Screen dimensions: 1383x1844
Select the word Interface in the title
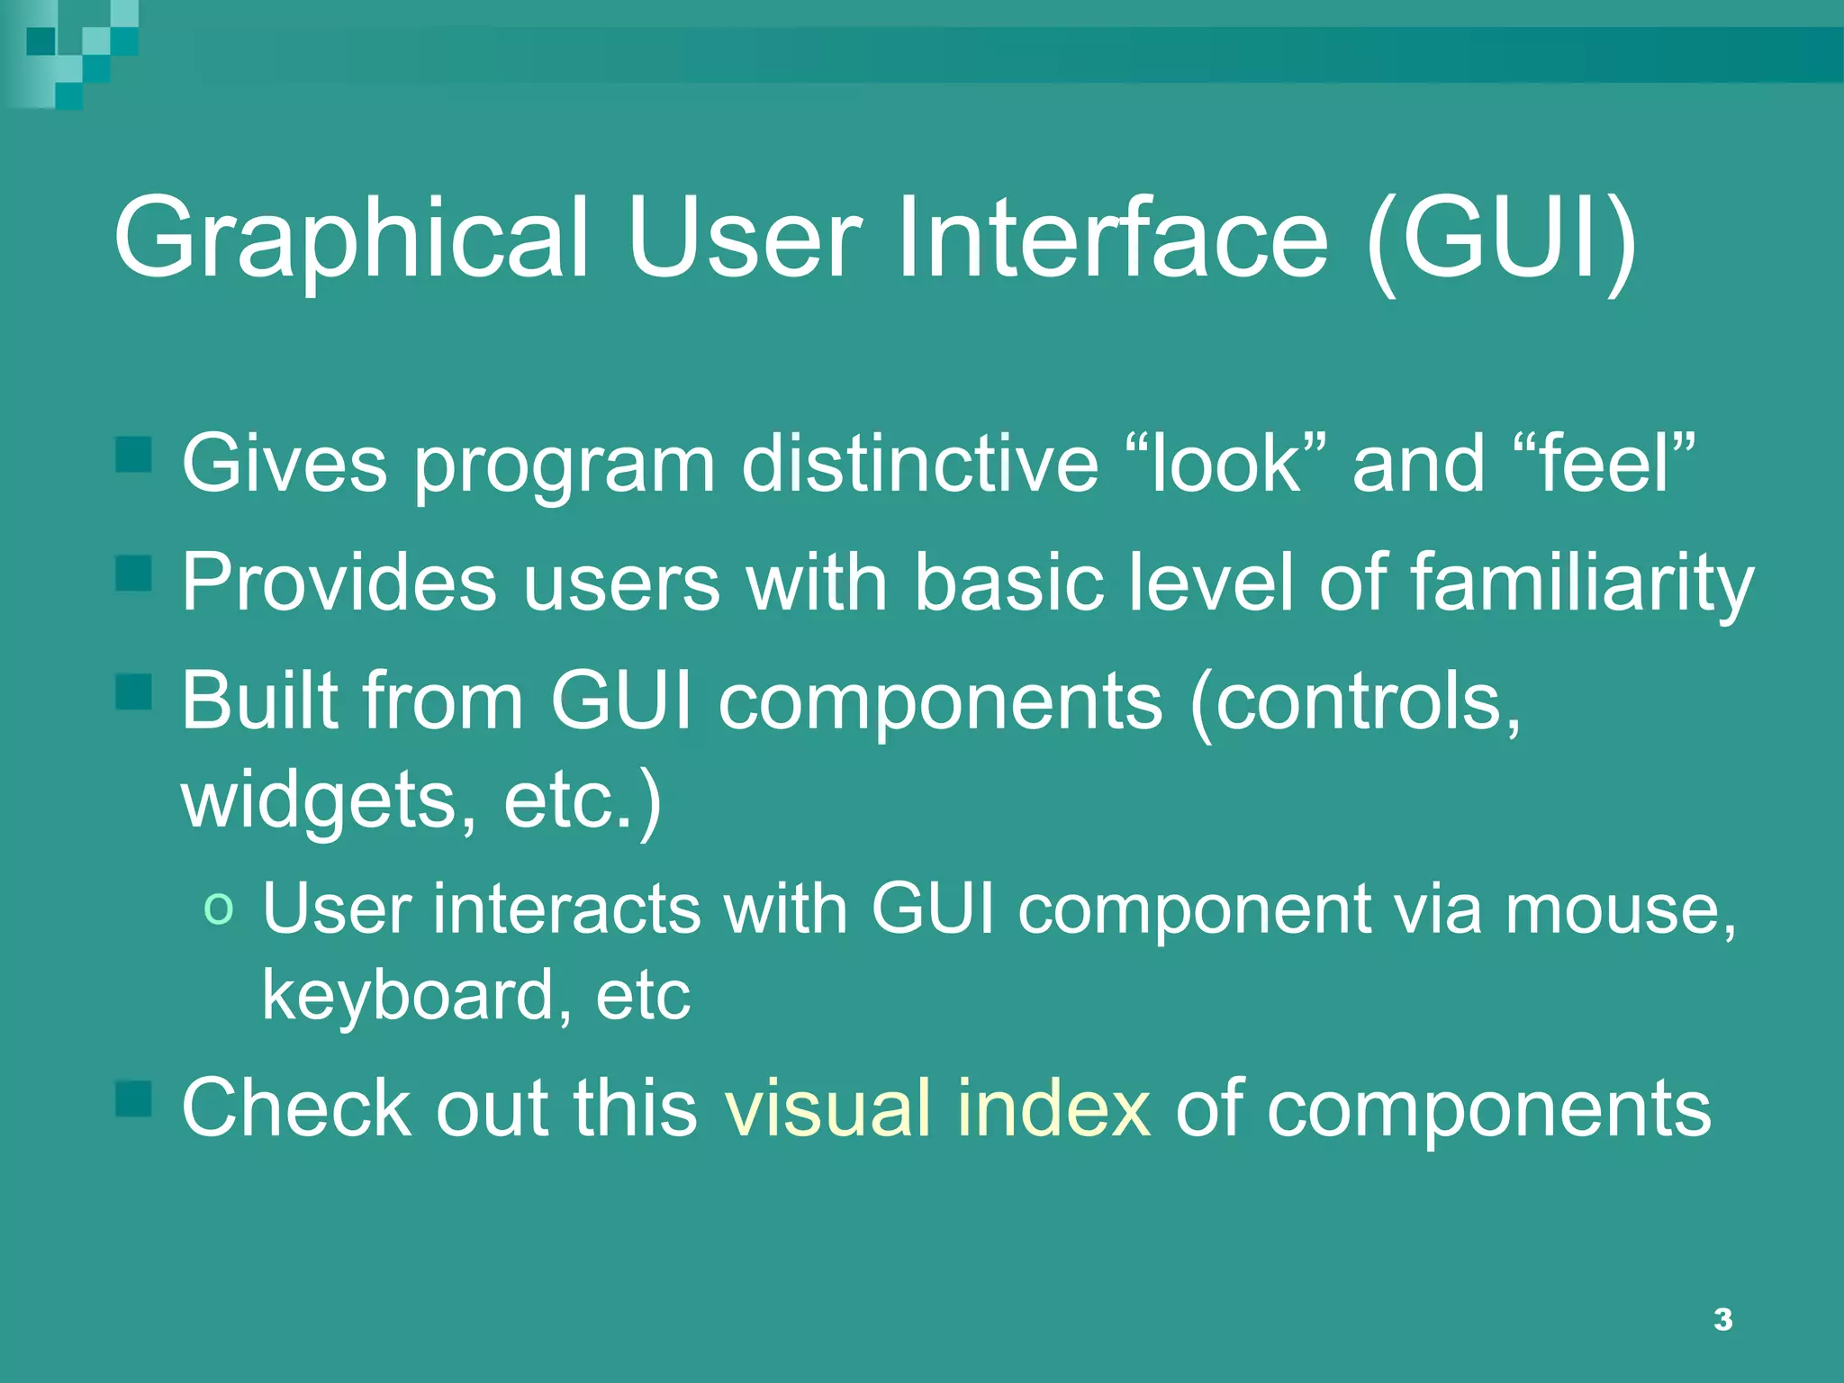pos(1112,238)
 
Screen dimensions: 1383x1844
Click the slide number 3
pos(1722,1319)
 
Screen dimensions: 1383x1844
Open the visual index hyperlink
pos(937,1107)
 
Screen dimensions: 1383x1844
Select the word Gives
pos(285,463)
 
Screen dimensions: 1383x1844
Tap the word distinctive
pos(919,463)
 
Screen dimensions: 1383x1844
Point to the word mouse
pos(1621,909)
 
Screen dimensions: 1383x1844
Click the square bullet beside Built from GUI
pos(134,692)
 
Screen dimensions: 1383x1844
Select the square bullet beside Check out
pos(134,1099)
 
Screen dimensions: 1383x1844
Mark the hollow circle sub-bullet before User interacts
pos(219,907)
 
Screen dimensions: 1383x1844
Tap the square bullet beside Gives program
pos(134,455)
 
